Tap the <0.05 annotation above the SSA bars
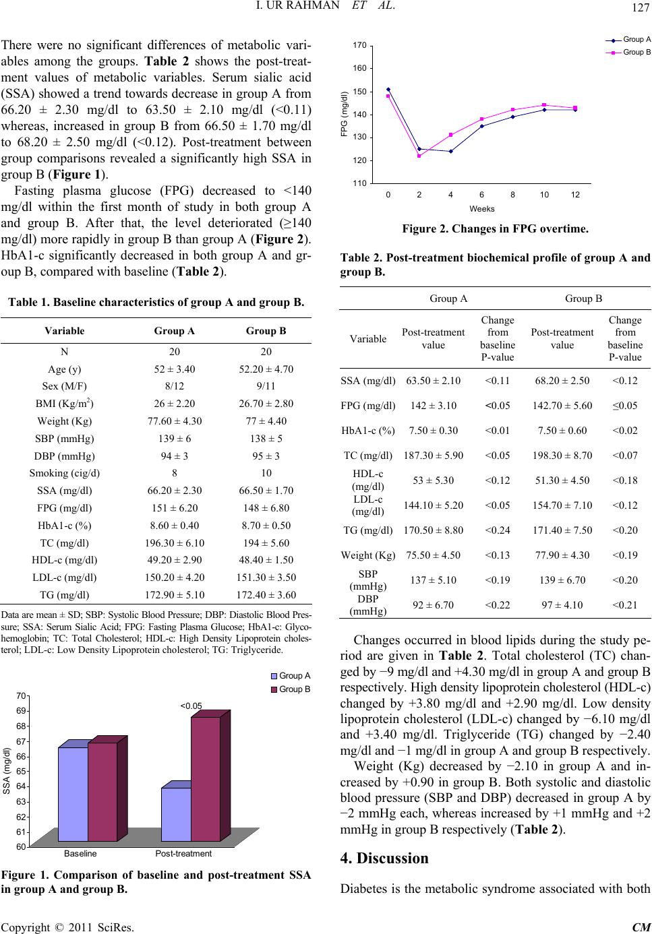tap(191, 706)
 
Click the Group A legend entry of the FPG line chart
tap(628, 40)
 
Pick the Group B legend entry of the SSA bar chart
tap(291, 689)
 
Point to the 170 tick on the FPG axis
tap(359, 45)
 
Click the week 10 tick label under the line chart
tap(544, 195)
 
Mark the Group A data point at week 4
tap(450, 152)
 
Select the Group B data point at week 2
tap(419, 156)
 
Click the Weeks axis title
tap(482, 209)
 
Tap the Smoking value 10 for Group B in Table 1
tap(266, 473)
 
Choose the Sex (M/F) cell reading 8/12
tap(175, 386)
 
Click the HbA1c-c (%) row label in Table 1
tap(64, 526)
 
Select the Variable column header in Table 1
tap(64, 331)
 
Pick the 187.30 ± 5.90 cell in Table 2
tap(433, 456)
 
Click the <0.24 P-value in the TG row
tap(497, 530)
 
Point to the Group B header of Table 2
tap(583, 299)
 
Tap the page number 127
tap(640, 7)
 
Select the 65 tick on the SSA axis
tap(21, 771)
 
